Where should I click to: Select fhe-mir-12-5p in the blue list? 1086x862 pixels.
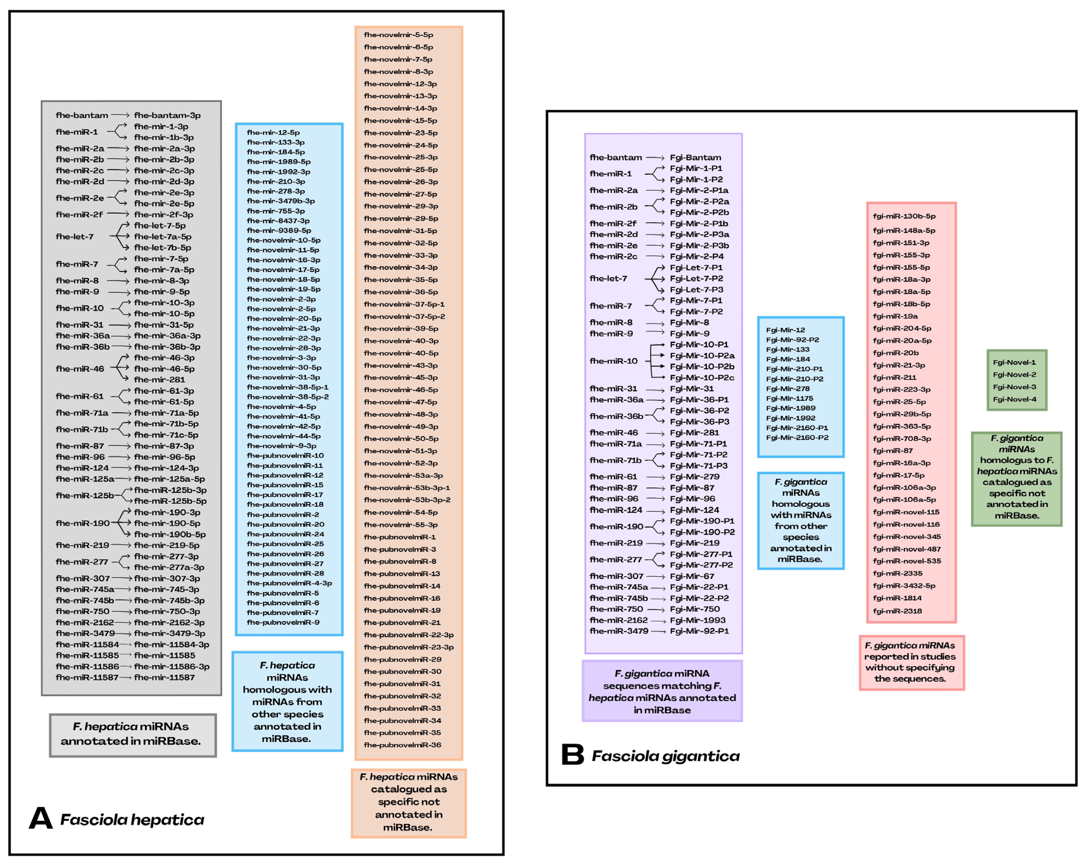pos(273,132)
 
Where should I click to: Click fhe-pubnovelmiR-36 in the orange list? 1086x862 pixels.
pos(402,745)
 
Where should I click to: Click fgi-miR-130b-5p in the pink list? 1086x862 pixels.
pos(904,216)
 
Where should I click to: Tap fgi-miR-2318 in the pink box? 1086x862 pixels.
pos(897,611)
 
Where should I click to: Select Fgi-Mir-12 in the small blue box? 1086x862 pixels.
pos(785,330)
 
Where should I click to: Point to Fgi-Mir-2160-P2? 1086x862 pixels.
pos(797,437)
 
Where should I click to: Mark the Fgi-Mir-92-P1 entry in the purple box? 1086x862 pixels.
pos(699,631)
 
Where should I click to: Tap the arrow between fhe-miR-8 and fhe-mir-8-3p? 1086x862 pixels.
pos(118,281)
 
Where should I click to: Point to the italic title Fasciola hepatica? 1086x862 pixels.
pos(132,820)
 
